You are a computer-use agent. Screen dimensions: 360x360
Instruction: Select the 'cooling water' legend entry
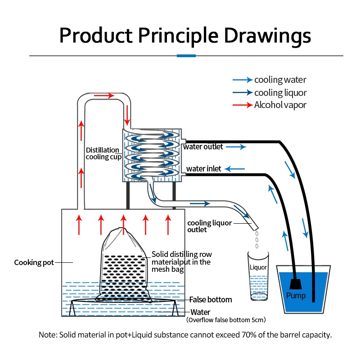[x=280, y=80]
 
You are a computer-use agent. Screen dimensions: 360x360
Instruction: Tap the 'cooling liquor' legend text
[x=280, y=93]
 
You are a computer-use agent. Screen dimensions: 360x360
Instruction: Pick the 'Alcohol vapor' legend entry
[x=280, y=105]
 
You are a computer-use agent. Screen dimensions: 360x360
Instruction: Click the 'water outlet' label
[x=203, y=147]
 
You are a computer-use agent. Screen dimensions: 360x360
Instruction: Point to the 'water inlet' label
[x=204, y=169]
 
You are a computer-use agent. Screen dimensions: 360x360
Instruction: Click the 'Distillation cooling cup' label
[x=103, y=153]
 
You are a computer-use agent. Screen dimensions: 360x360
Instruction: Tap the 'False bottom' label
[x=211, y=299]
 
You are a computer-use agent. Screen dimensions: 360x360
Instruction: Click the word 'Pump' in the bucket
[x=296, y=296]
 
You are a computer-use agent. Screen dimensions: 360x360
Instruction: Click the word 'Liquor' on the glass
[x=258, y=267]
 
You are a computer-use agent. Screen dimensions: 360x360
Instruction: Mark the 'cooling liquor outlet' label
[x=203, y=226]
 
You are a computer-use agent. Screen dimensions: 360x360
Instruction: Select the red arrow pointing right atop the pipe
[x=104, y=95]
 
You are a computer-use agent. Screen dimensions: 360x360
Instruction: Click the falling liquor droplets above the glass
[x=257, y=241]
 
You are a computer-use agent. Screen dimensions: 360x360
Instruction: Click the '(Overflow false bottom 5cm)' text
[x=226, y=320]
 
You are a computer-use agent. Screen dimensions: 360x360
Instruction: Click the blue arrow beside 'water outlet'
[x=238, y=147]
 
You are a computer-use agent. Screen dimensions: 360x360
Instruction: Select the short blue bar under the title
[x=186, y=56]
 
